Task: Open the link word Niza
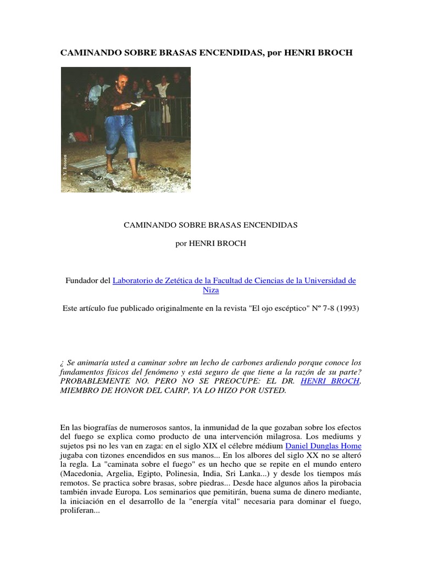point(210,290)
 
